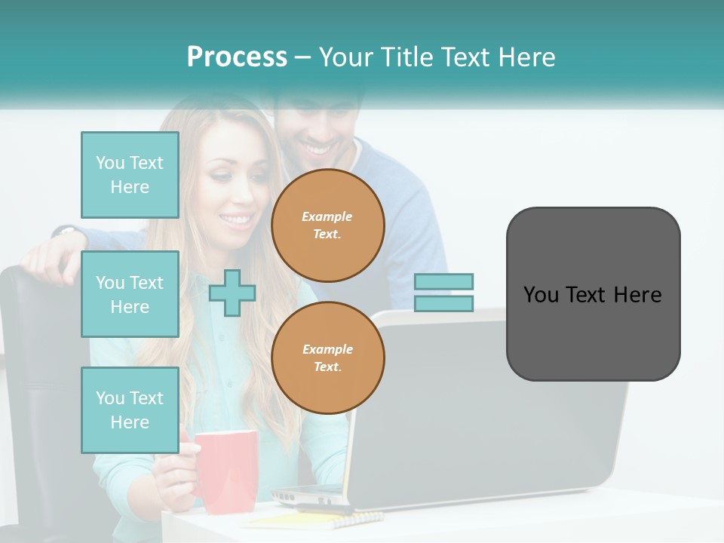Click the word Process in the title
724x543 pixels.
tap(237, 57)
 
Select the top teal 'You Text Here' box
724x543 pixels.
tap(130, 175)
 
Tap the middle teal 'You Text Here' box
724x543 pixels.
tap(130, 294)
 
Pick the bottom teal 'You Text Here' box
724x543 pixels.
tap(130, 410)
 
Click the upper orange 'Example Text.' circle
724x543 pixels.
tap(327, 225)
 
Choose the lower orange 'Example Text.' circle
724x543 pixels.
tap(327, 358)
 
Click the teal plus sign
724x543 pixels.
tap(232, 293)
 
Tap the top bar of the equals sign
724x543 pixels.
tap(443, 281)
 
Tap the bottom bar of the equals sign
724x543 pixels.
tap(443, 304)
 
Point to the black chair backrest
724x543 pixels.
tap(30, 377)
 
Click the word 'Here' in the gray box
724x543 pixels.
tap(638, 295)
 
